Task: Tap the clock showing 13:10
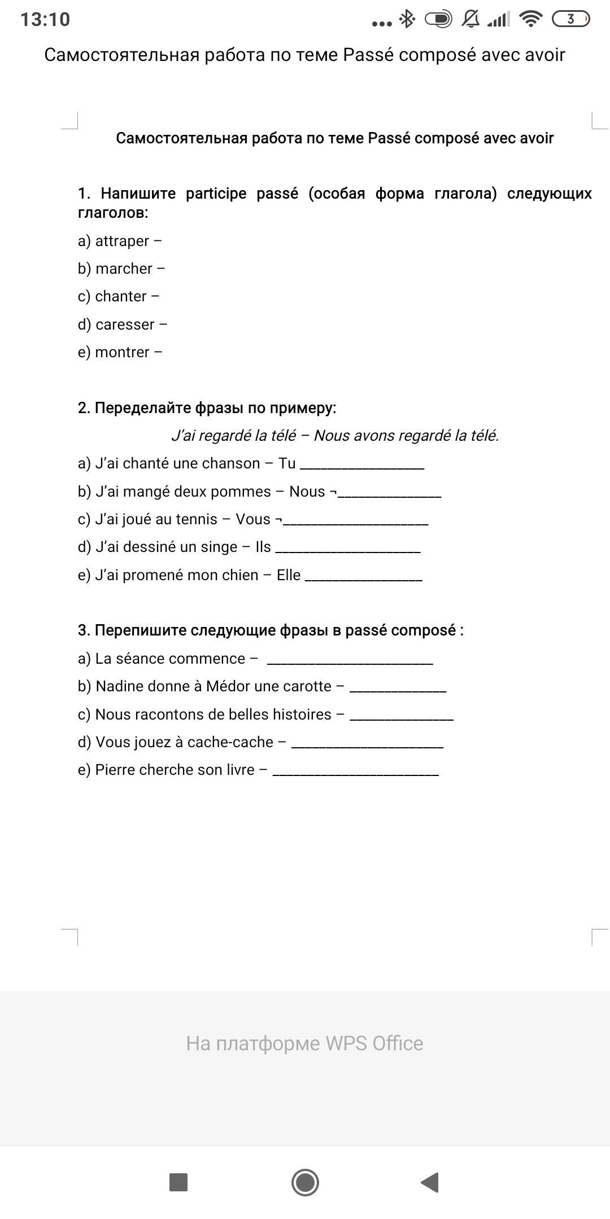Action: (x=45, y=20)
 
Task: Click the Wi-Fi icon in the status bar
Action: (x=530, y=19)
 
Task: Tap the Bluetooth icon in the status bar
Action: (x=407, y=19)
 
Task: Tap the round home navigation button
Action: (x=305, y=1182)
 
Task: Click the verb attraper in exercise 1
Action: (x=122, y=242)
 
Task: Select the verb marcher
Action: (x=124, y=269)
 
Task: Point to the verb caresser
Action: (x=125, y=325)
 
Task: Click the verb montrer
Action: (x=122, y=353)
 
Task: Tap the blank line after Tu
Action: (x=361, y=466)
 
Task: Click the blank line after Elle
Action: (x=363, y=578)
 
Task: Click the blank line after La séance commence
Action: (x=350, y=661)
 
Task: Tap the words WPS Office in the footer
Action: (x=374, y=1043)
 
